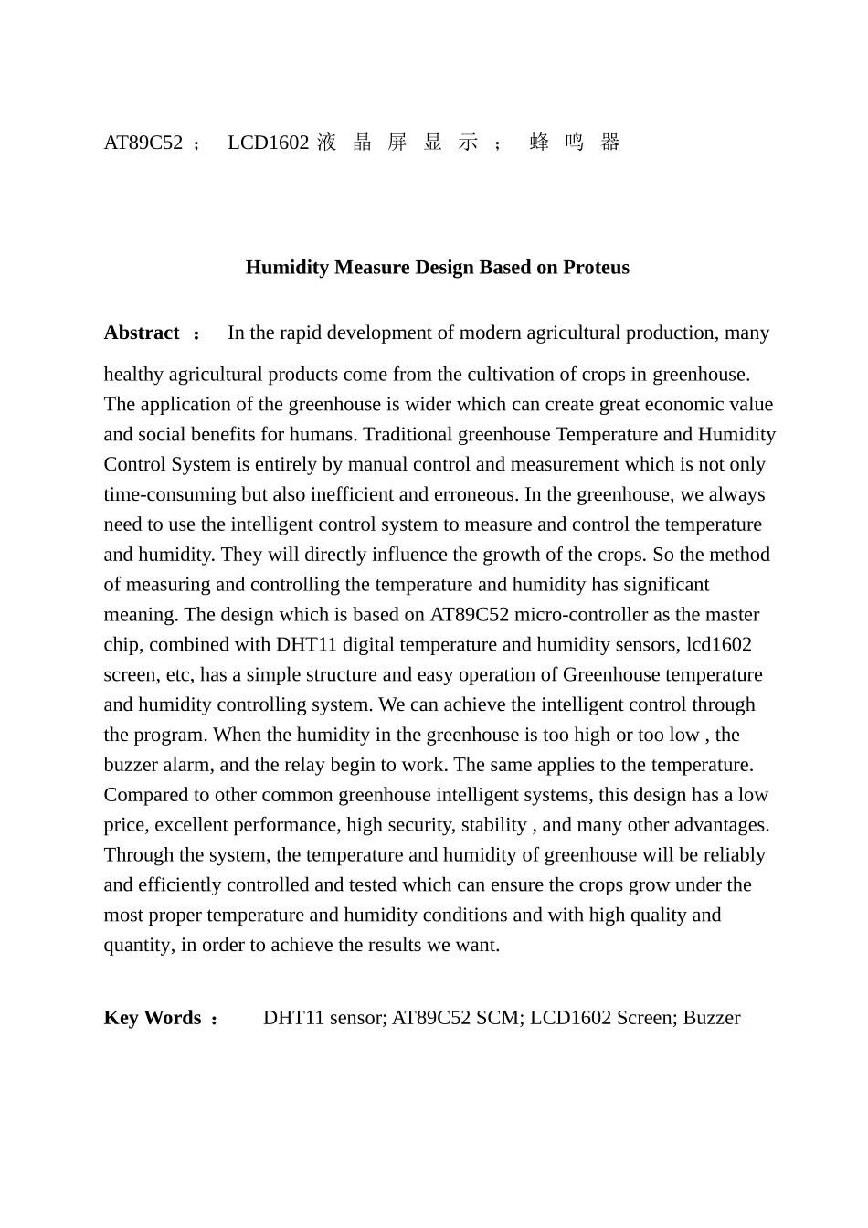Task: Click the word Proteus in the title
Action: tap(596, 268)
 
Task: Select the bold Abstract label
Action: tap(142, 333)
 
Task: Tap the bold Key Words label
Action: tap(153, 1018)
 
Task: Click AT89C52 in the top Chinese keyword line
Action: tap(143, 143)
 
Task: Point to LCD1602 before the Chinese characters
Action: tap(268, 143)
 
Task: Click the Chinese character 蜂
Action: tap(539, 143)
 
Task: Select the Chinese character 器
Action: tap(610, 143)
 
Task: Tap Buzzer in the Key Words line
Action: tap(711, 1018)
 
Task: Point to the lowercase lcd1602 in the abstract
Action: tap(719, 645)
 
